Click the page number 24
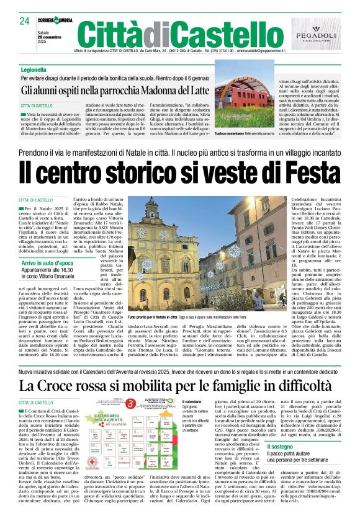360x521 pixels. coord(25,21)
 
